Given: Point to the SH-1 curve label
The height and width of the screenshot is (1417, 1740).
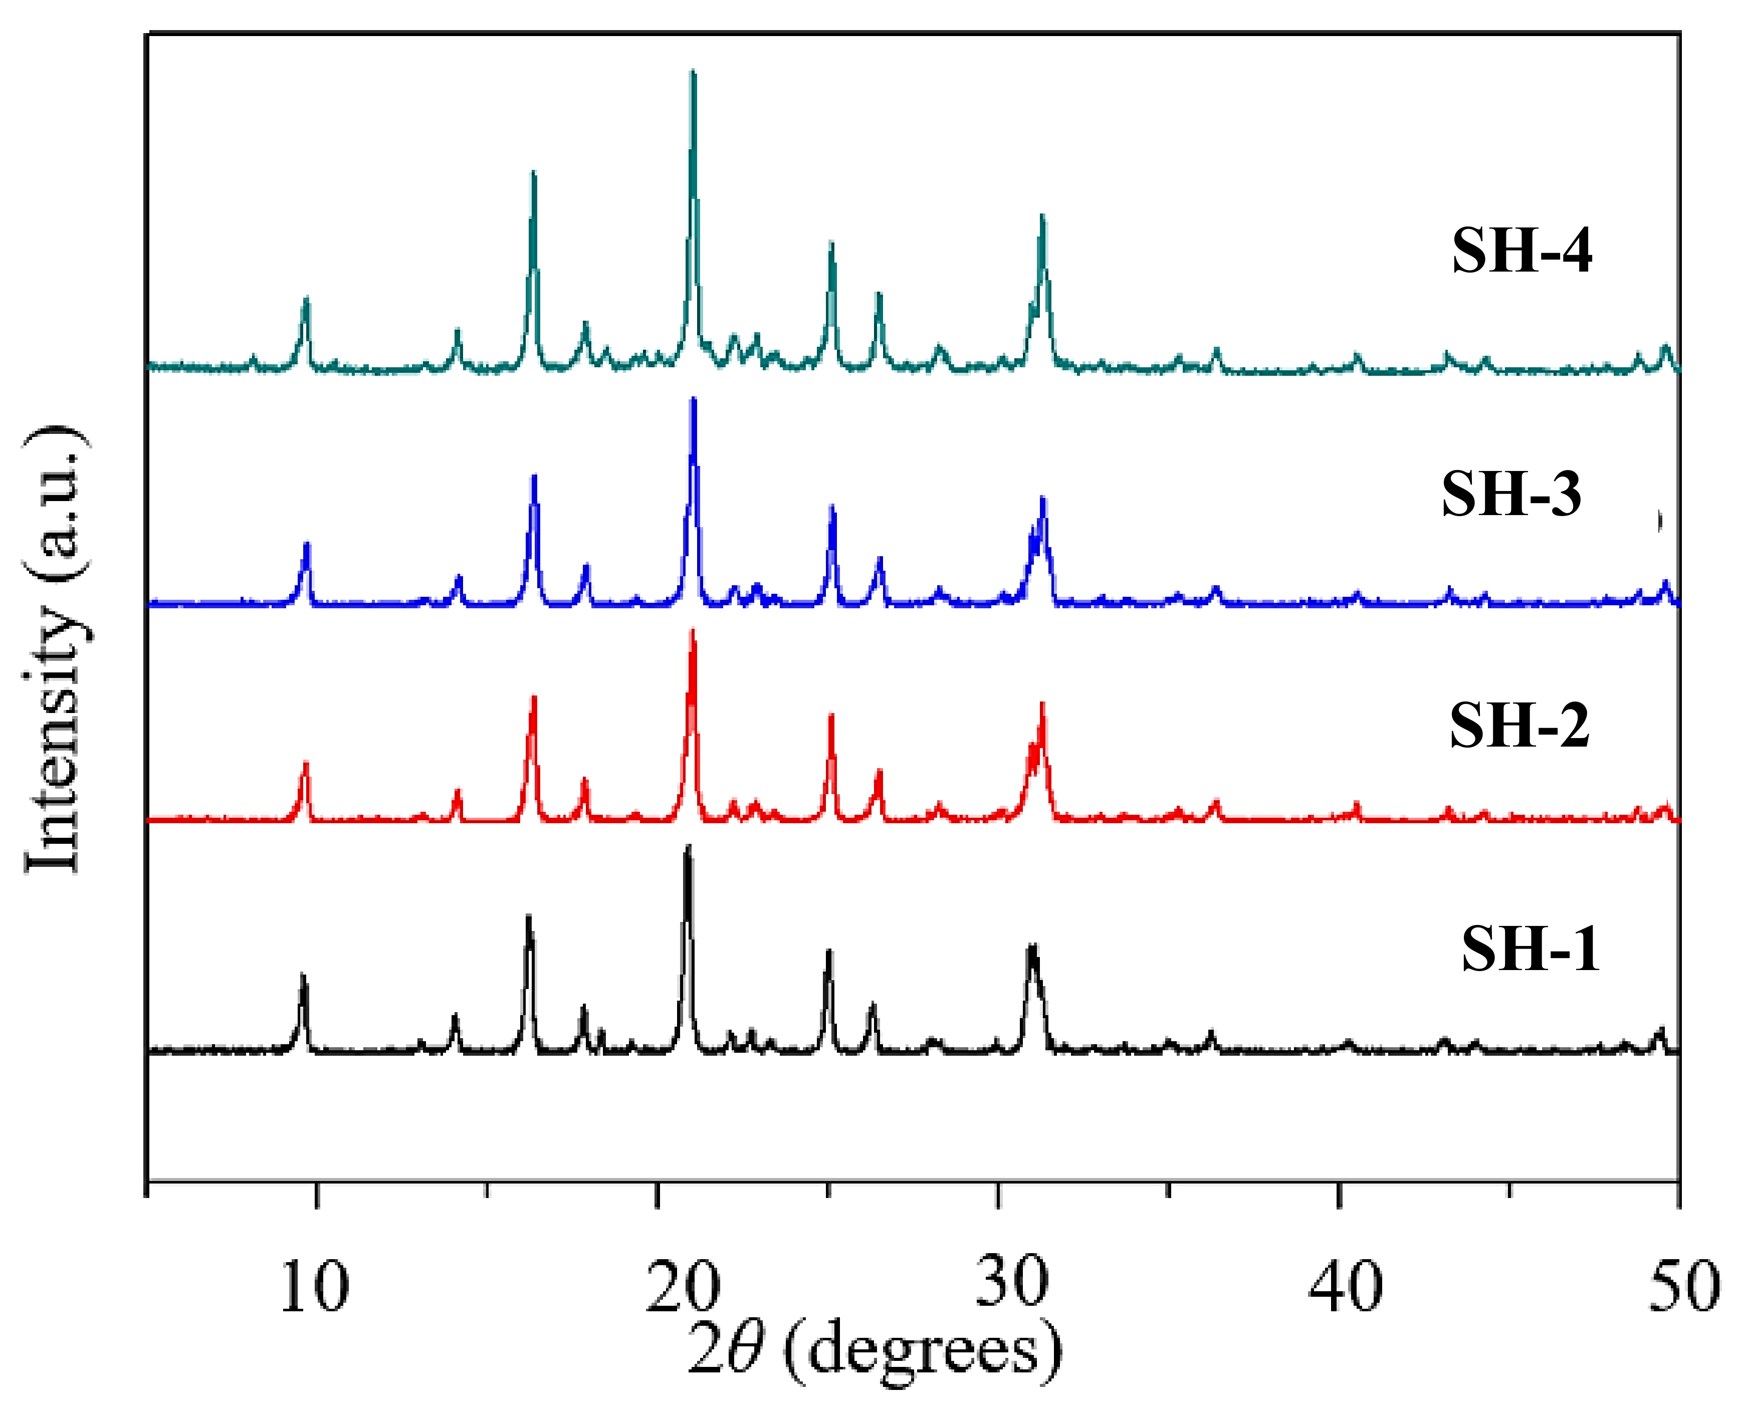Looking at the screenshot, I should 1530,950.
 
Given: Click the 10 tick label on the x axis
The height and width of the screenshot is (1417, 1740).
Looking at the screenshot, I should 314,1287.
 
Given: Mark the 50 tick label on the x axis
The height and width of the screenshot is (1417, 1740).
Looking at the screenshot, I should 1684,1287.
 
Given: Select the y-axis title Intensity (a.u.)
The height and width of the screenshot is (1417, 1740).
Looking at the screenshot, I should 56,649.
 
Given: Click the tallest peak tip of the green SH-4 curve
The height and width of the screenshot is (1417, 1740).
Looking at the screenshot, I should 693,72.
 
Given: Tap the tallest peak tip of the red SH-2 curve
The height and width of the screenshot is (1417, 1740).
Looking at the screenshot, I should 693,630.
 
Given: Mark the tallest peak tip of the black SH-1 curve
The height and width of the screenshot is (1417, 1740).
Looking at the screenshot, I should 688,846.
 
